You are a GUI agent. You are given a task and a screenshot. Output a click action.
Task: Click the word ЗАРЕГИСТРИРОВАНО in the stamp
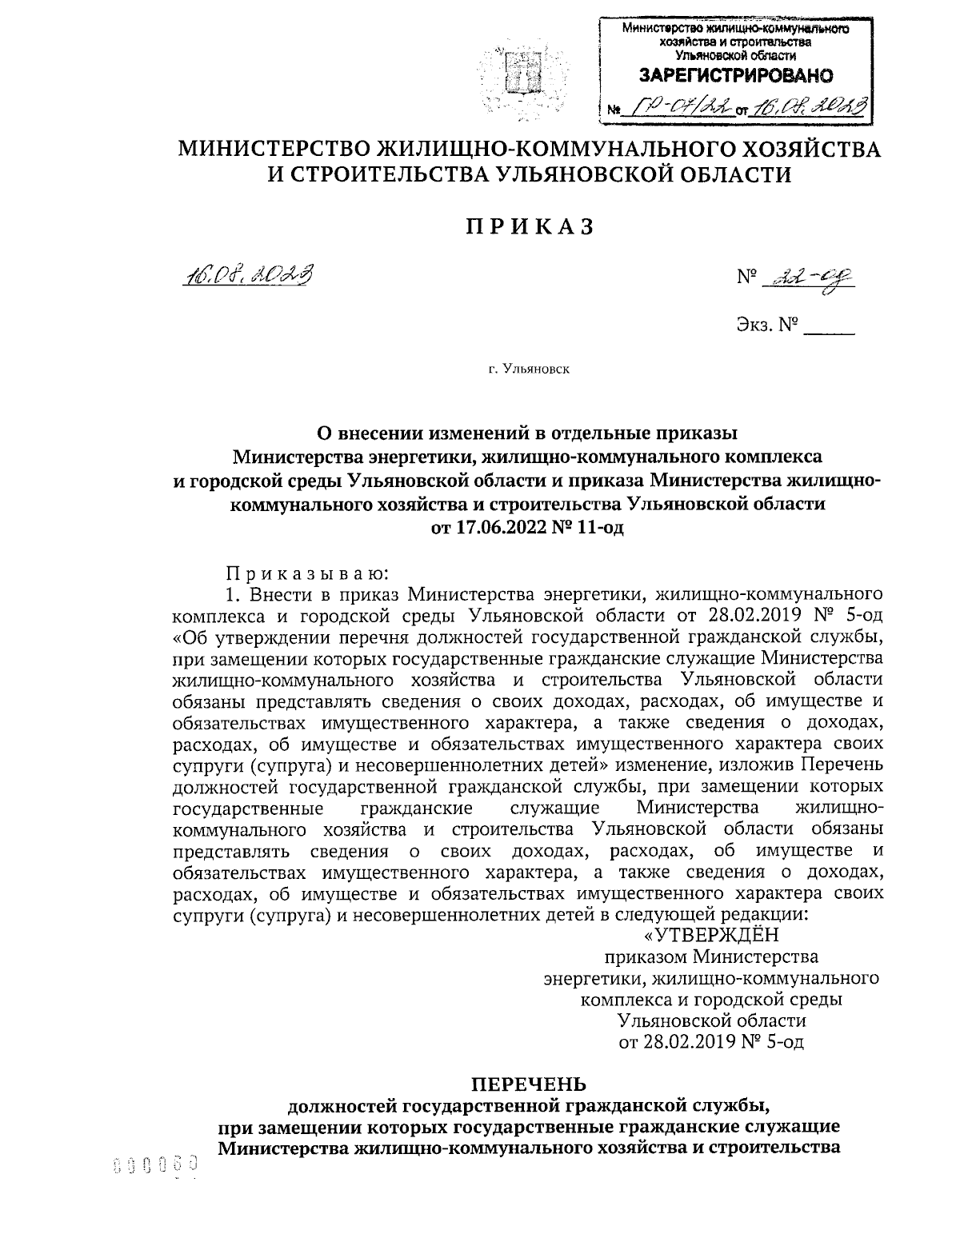coord(734,76)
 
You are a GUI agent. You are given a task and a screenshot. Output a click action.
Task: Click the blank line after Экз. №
coord(830,328)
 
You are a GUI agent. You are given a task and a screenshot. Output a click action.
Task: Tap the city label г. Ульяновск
coord(529,370)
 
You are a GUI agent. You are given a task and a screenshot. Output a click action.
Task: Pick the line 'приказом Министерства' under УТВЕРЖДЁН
coord(711,956)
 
